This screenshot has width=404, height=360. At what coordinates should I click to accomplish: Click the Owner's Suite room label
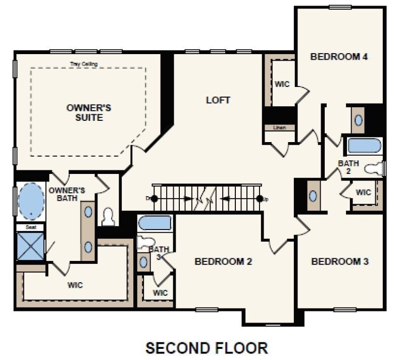point(89,113)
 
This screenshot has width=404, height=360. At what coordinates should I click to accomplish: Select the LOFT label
point(218,100)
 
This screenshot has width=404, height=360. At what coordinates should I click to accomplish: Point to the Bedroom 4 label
point(338,56)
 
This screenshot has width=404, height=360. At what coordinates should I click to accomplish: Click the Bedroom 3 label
point(340,262)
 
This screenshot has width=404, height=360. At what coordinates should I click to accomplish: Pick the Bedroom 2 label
point(223,262)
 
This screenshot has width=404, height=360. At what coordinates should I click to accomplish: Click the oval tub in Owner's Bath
point(31,201)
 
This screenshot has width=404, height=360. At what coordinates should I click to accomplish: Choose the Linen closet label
point(279,128)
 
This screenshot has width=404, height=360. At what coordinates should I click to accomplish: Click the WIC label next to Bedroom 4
point(282,84)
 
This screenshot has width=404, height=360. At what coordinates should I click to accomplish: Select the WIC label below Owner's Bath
point(75,285)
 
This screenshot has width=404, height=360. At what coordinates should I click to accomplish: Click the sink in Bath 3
point(144,262)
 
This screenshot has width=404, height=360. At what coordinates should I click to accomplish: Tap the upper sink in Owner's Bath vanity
point(88,211)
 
